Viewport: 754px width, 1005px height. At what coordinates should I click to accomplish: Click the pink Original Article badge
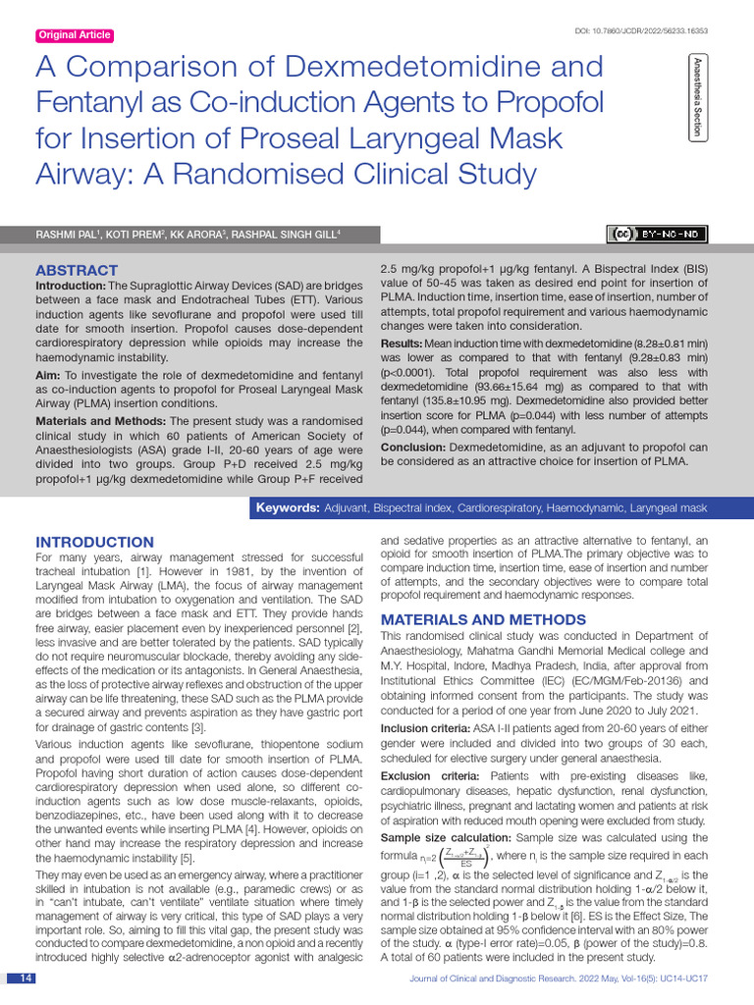75,36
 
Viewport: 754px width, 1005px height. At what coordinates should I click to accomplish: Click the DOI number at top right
640,31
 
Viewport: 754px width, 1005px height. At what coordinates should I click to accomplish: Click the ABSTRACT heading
77,270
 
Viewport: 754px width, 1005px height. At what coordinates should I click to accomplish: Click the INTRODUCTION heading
94,542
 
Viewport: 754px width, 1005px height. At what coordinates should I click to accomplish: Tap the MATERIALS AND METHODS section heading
483,619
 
